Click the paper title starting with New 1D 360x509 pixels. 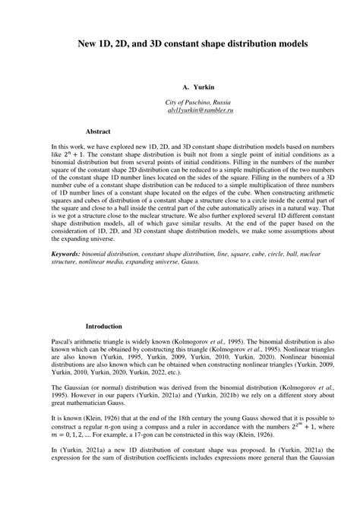[180, 45]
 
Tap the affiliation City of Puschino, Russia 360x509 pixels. [199, 103]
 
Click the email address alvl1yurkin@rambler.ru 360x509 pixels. [199, 111]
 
